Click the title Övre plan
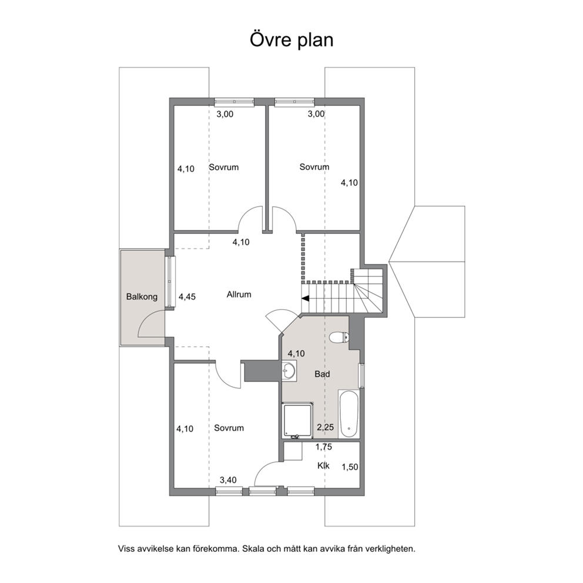(x=291, y=40)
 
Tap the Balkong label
(x=142, y=297)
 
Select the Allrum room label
(x=239, y=294)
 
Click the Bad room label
(x=323, y=374)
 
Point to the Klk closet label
(x=323, y=465)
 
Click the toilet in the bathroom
(x=339, y=337)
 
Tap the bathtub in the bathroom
(x=349, y=414)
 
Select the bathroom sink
(x=289, y=370)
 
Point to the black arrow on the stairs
(x=306, y=298)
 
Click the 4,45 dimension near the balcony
(x=187, y=297)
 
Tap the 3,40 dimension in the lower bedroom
(x=228, y=480)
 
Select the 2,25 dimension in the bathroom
(x=326, y=427)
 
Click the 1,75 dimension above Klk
(x=323, y=447)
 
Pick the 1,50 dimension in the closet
(x=350, y=467)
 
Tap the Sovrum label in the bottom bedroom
(x=229, y=428)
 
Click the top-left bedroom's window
(x=234, y=102)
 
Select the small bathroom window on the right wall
(x=361, y=376)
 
